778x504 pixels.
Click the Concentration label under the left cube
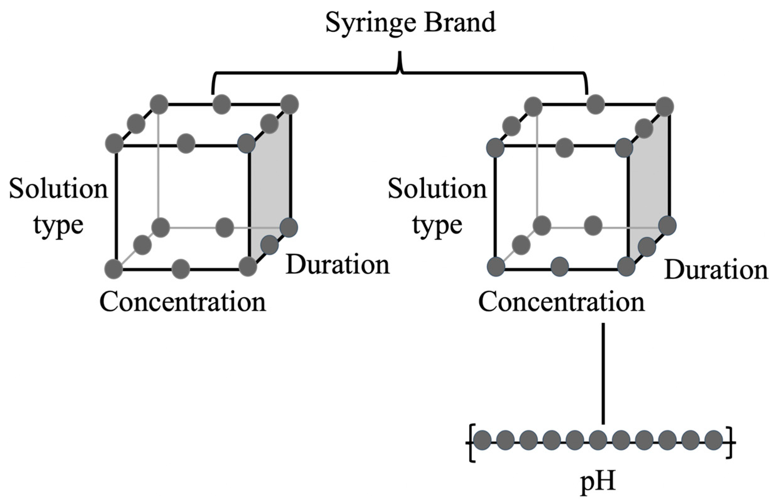pyautogui.click(x=183, y=302)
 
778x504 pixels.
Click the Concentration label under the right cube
pyautogui.click(x=561, y=302)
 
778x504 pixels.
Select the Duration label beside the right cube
pyautogui.click(x=716, y=270)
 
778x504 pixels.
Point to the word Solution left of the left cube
pyautogui.click(x=58, y=189)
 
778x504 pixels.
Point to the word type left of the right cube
pyautogui.click(x=437, y=225)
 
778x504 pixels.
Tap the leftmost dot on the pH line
pyautogui.click(x=482, y=440)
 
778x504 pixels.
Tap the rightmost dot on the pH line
pyautogui.click(x=714, y=440)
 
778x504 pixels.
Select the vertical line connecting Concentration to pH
pyautogui.click(x=603, y=373)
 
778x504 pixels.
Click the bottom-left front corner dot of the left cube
pyautogui.click(x=114, y=269)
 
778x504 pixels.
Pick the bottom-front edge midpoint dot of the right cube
pyautogui.click(x=560, y=267)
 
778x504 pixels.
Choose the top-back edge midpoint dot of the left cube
pyautogui.click(x=222, y=104)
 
